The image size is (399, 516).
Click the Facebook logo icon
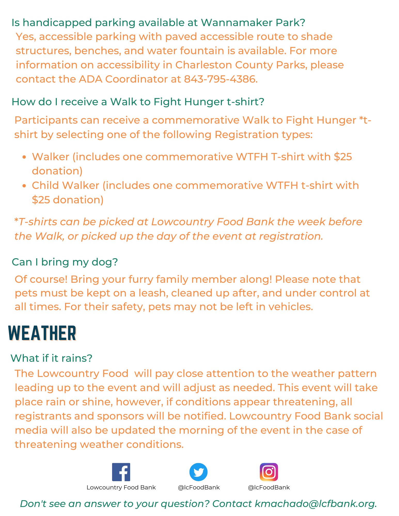[121, 472]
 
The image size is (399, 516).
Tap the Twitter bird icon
[198, 472]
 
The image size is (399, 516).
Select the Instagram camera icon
[269, 472]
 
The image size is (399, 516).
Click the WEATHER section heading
[42, 333]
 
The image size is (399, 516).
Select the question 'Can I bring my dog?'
[65, 262]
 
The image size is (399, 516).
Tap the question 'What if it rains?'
[51, 358]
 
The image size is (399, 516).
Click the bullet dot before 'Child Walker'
[24, 186]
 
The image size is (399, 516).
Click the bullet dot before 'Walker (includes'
[24, 157]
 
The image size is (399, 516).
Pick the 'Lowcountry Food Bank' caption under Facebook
[121, 487]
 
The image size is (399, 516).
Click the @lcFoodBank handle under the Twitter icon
[199, 487]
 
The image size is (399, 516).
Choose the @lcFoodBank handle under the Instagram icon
[269, 487]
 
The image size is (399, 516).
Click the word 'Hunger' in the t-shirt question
[204, 102]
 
